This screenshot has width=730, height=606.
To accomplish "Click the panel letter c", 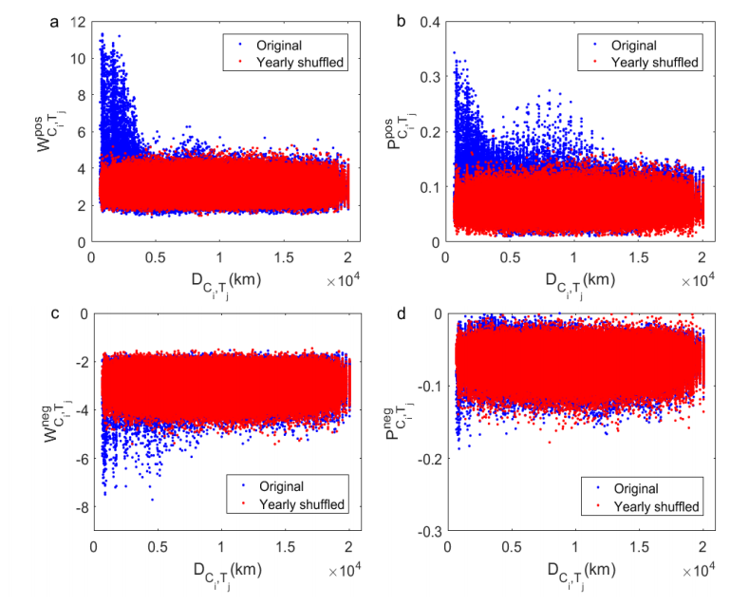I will (54, 310).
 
